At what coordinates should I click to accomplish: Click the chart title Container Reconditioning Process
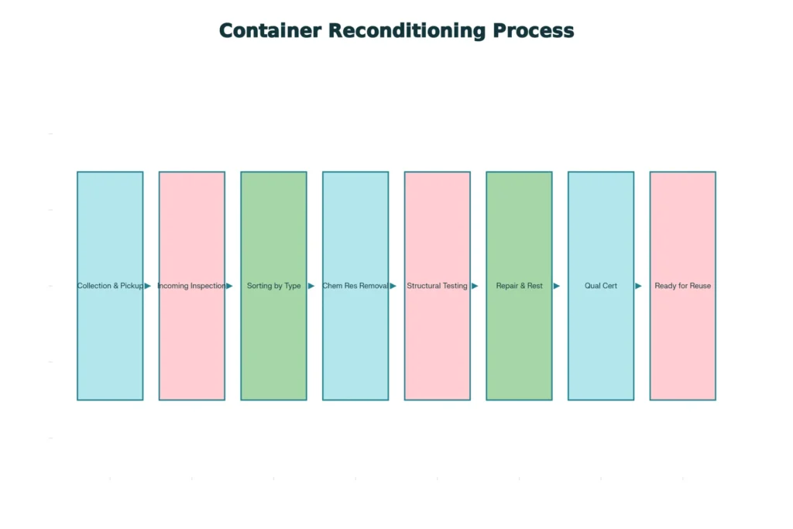[x=396, y=30]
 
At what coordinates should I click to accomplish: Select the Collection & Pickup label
[x=110, y=286]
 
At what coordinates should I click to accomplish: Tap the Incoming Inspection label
[x=191, y=286]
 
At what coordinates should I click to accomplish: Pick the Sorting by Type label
[x=273, y=286]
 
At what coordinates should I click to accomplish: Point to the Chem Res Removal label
[x=355, y=286]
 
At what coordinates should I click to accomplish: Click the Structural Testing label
[x=437, y=286]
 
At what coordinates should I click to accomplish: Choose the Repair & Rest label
[x=519, y=286]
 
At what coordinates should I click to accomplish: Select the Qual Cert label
[x=601, y=286]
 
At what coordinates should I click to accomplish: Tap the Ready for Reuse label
[x=682, y=286]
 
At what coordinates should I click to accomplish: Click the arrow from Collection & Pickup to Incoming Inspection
[x=148, y=286]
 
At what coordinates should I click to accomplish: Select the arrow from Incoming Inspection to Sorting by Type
[x=229, y=286]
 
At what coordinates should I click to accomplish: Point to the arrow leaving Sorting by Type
[x=311, y=286]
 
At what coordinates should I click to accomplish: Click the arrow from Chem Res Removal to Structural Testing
[x=393, y=286]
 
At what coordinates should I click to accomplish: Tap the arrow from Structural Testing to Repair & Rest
[x=475, y=286]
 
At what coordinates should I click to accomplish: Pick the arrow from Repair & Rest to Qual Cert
[x=557, y=286]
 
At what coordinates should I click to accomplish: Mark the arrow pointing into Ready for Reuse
[x=638, y=286]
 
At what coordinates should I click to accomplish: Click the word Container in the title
[x=269, y=30]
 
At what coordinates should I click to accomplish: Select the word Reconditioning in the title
[x=407, y=30]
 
